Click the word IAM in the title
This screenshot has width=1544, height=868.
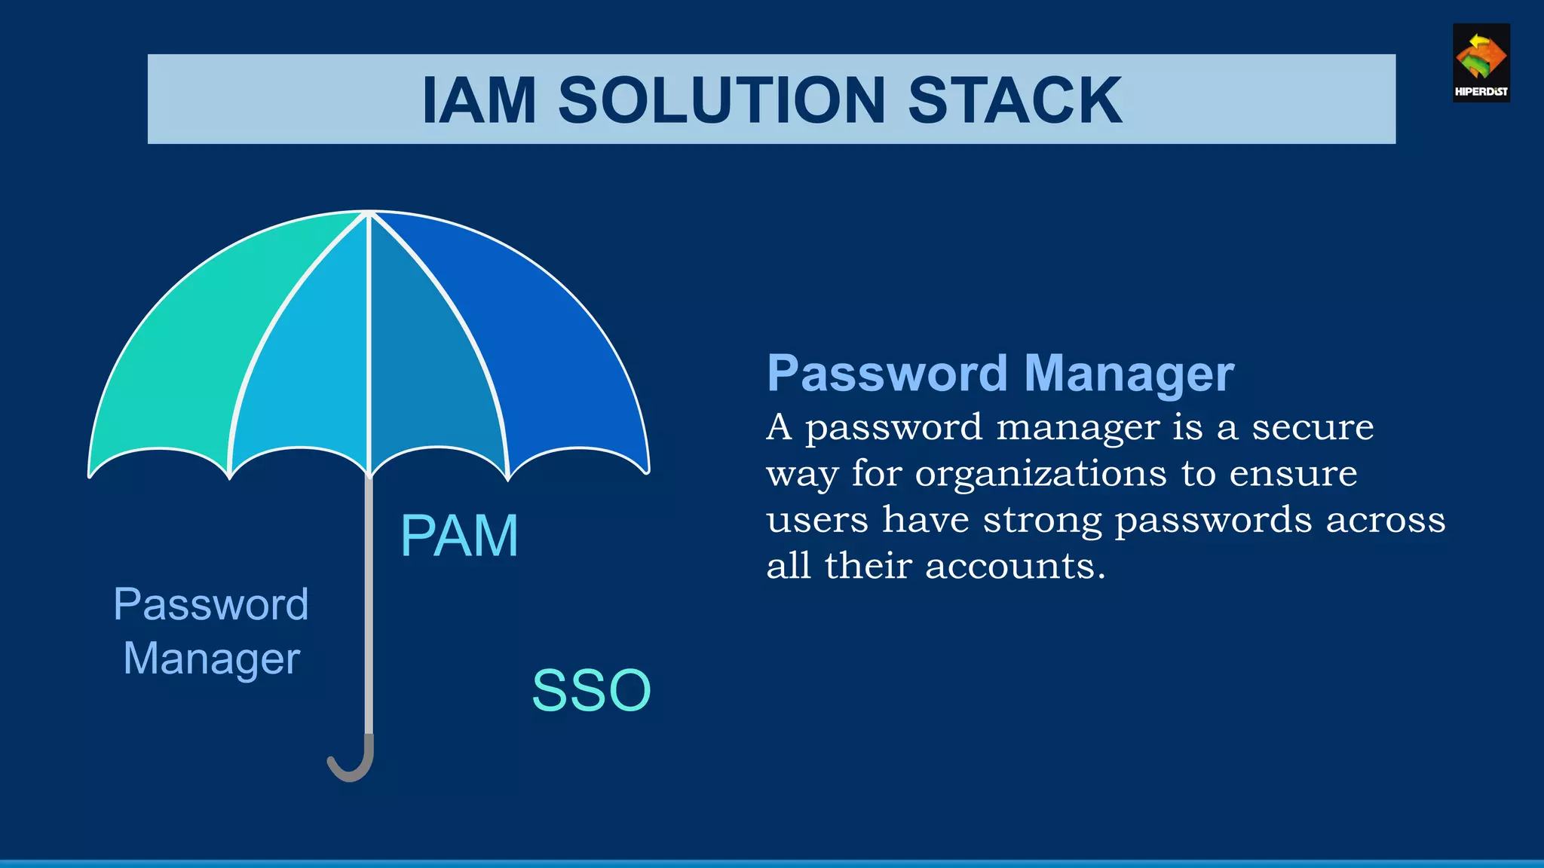point(479,100)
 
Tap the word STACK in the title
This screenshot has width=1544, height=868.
point(1015,100)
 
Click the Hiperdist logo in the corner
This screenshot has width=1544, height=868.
point(1481,63)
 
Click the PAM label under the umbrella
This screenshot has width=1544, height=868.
point(459,536)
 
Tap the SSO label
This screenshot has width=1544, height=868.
point(591,690)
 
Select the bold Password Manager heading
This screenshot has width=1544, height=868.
point(1000,374)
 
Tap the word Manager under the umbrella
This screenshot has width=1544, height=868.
point(211,659)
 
